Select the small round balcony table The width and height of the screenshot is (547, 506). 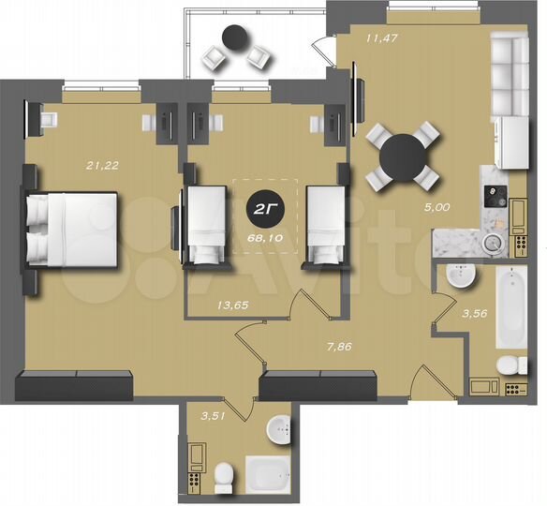click(x=233, y=38)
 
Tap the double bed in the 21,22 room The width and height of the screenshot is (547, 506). click(x=72, y=229)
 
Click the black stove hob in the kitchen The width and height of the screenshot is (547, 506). click(x=493, y=196)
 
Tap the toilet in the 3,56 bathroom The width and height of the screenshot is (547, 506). click(x=506, y=365)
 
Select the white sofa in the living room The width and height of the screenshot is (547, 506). click(x=513, y=69)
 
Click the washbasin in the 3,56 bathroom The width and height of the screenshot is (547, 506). click(x=461, y=277)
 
